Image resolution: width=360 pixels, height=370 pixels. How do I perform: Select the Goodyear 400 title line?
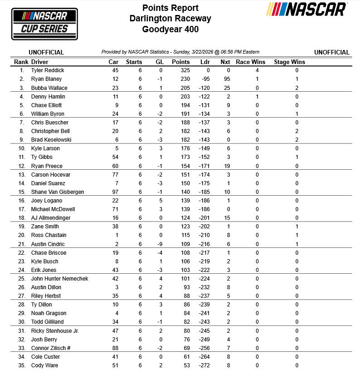point(170,30)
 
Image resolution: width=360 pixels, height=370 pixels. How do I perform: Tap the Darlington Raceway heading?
point(170,19)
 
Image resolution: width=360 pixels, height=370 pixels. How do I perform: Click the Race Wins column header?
point(251,62)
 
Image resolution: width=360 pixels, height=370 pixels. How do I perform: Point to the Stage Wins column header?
point(289,62)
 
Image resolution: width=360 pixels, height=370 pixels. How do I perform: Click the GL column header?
point(159,62)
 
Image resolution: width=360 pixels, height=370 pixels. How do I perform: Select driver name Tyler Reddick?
point(48,70)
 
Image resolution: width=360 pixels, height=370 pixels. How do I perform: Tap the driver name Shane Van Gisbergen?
point(57,192)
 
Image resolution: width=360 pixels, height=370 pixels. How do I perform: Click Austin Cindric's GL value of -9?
point(160,244)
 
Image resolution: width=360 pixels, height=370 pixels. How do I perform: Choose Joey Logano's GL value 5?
point(161,201)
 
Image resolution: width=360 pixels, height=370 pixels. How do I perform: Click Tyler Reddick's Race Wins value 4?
point(257,70)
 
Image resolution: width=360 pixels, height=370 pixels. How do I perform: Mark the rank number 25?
point(21,279)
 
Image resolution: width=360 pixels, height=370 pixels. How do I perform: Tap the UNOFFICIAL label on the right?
point(331,52)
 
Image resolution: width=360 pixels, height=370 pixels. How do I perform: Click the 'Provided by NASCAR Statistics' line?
point(180,52)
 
